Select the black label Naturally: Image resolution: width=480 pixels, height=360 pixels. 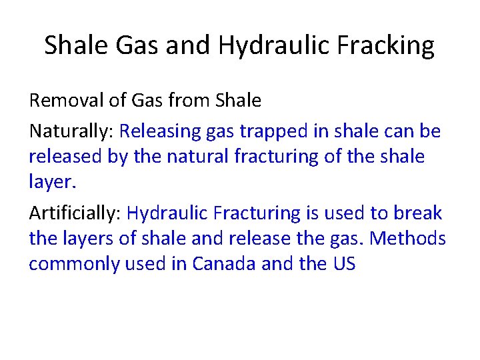[x=71, y=131]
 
